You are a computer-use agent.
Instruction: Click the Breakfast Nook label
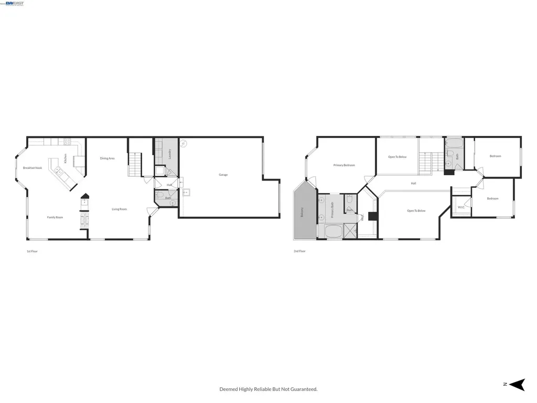pos(33,168)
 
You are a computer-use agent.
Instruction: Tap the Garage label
pos(223,175)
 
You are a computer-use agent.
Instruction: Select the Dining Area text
pos(108,158)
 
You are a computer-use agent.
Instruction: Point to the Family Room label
pos(55,217)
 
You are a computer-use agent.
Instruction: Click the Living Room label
pos(119,209)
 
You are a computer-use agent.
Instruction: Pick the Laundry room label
pos(170,154)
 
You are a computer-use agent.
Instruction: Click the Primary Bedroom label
pos(344,165)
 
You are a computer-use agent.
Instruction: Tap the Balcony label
pos(302,213)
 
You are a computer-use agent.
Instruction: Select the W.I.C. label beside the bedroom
pos(461,207)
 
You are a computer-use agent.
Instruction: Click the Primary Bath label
pos(332,210)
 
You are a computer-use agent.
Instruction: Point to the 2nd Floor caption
pos(299,251)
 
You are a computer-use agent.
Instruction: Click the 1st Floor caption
pos(32,251)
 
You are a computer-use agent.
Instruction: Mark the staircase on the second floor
pos(431,161)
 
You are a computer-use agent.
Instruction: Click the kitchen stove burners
pos(67,141)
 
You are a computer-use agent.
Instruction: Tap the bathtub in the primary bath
pos(332,232)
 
